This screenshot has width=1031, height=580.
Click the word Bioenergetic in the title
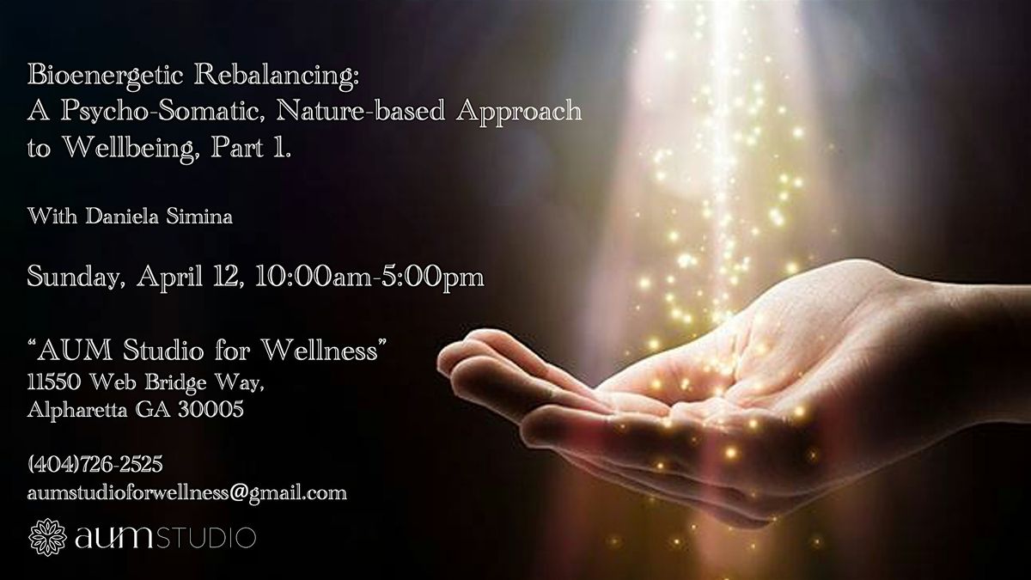106,76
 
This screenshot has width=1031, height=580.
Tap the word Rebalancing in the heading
276,76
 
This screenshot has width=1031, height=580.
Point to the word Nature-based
360,111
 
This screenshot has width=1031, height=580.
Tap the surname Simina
198,217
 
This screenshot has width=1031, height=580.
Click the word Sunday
76,278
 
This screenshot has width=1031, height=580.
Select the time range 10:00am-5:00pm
369,277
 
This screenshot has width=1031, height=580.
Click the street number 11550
55,382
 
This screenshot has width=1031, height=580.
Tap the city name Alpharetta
76,410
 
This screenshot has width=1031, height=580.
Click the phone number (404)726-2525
95,464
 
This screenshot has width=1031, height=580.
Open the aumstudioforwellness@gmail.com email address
187,493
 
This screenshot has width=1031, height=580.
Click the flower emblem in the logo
47,537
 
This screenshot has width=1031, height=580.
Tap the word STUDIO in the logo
206,539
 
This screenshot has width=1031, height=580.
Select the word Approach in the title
519,112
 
